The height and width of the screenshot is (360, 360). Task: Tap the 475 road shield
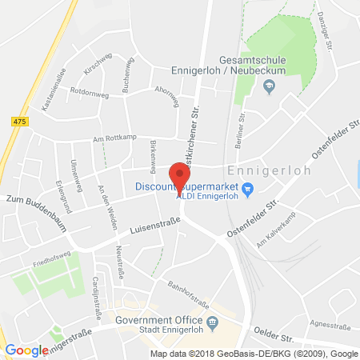click(x=18, y=120)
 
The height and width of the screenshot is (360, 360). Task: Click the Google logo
click(x=26, y=350)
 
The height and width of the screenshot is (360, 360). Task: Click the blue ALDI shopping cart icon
click(x=247, y=189)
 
